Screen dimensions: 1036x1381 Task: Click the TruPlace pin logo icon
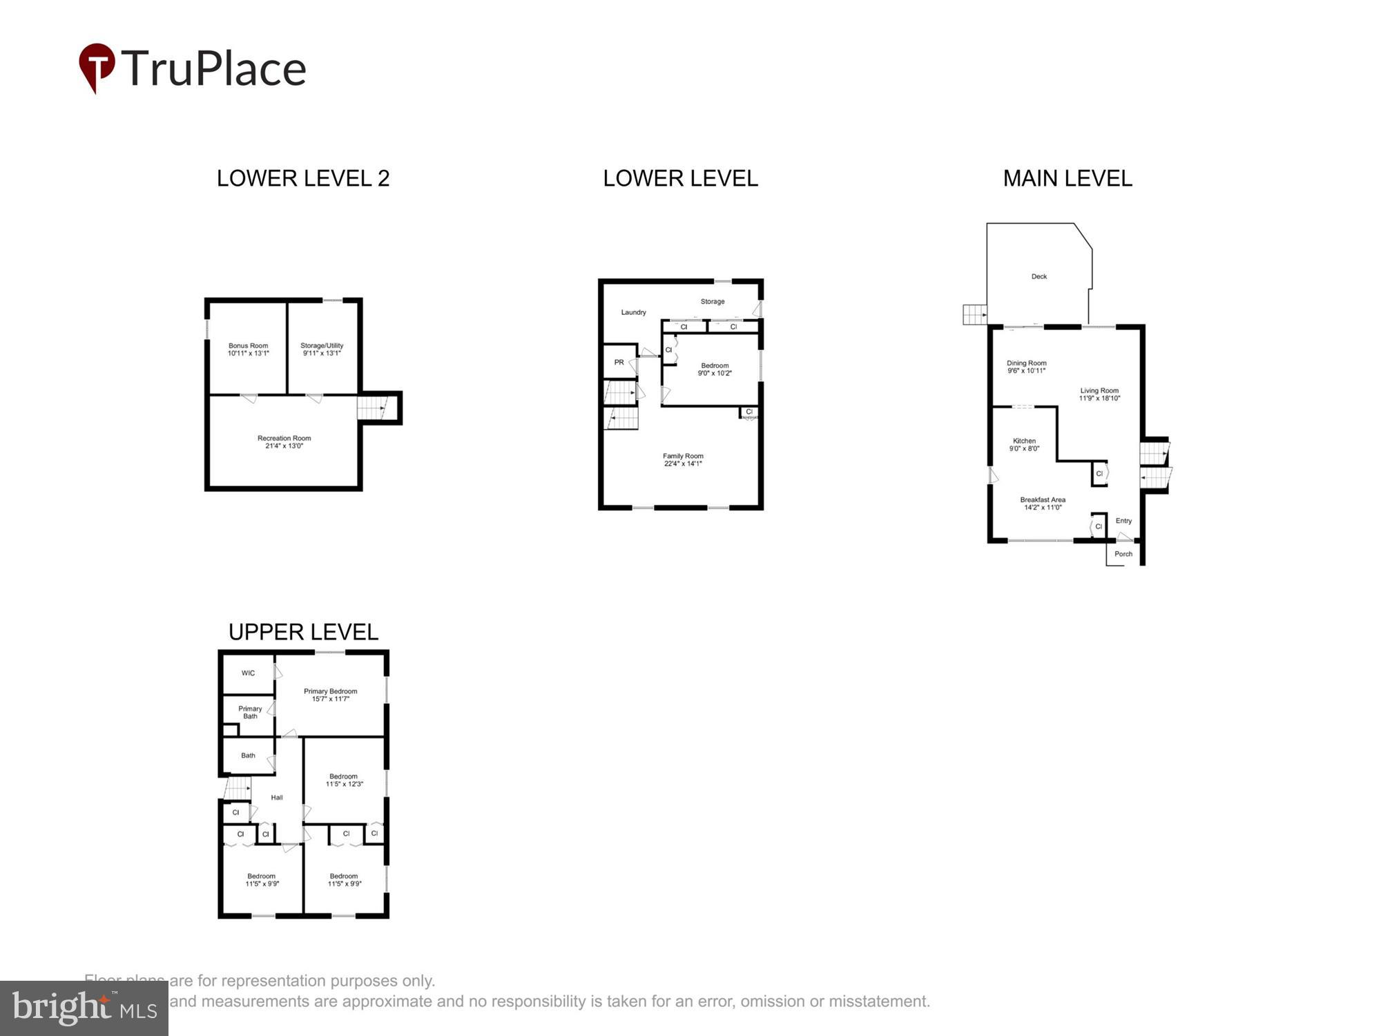click(97, 67)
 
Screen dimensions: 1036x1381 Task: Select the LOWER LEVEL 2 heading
click(303, 178)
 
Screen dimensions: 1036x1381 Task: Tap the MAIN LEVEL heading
click(1067, 178)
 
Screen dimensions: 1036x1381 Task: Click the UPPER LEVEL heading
click(303, 631)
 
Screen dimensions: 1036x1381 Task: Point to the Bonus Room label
click(248, 346)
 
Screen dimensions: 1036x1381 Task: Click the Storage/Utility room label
click(322, 346)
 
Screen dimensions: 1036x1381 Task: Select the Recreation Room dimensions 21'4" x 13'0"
click(284, 446)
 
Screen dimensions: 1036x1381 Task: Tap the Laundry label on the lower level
click(633, 312)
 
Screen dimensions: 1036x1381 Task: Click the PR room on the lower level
click(619, 362)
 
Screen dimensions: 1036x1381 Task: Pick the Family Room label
click(683, 456)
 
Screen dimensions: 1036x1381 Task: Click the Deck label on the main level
click(1039, 276)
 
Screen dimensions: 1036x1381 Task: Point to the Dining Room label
click(1026, 363)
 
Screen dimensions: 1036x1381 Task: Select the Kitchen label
click(1024, 441)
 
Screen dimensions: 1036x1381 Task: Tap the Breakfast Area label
click(1043, 499)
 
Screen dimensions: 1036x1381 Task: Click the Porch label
click(1123, 554)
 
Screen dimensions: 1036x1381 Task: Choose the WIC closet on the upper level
click(248, 673)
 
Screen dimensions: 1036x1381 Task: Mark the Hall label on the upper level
click(277, 797)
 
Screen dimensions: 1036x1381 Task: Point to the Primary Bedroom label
click(330, 691)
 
